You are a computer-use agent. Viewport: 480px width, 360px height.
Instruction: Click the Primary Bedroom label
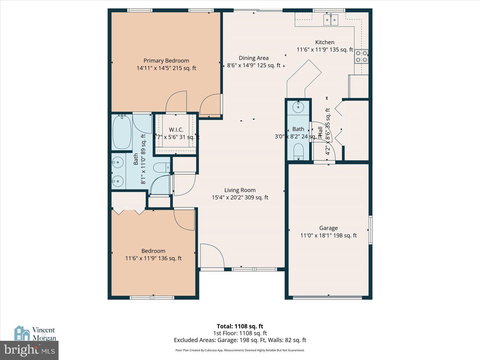click(166, 61)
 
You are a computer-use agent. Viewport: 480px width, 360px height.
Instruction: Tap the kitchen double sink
click(331, 20)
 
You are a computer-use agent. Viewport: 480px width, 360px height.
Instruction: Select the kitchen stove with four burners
click(361, 56)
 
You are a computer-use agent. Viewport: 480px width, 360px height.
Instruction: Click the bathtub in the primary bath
click(122, 132)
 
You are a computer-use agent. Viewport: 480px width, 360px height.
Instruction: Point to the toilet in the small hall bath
click(298, 151)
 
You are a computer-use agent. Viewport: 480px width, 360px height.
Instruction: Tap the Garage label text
click(328, 228)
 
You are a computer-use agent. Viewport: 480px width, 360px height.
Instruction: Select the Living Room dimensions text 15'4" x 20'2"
click(240, 197)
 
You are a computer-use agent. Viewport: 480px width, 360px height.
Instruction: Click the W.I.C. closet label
click(176, 130)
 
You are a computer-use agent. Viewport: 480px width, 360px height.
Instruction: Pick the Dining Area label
click(253, 58)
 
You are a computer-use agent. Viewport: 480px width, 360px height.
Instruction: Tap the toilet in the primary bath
click(162, 167)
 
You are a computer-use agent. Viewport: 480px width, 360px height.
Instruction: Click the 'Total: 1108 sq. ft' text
click(240, 326)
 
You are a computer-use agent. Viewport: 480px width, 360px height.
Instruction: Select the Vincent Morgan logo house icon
click(22, 333)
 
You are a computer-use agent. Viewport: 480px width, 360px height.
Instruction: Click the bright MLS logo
click(29, 350)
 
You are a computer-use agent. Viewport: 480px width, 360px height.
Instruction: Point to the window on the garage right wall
click(370, 230)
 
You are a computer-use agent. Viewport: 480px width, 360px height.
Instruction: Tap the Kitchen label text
click(324, 42)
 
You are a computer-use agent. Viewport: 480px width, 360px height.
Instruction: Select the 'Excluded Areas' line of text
click(240, 340)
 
